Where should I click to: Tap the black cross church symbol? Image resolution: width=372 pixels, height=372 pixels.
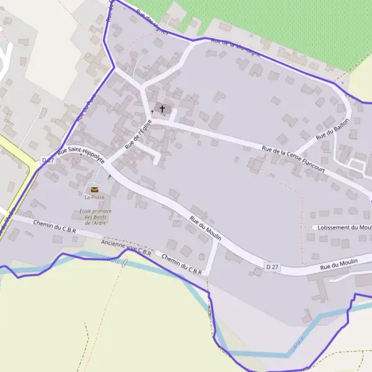coord(162,109)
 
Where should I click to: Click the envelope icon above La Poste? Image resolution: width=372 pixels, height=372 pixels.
coord(94,189)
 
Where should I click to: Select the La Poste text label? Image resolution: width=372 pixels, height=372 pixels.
coord(94,197)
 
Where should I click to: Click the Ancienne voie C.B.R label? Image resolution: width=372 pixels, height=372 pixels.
coord(126,248)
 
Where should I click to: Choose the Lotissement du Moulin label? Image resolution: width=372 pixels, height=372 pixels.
coord(343,228)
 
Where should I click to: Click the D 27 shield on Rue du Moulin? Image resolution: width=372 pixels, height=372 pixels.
coord(272,267)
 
